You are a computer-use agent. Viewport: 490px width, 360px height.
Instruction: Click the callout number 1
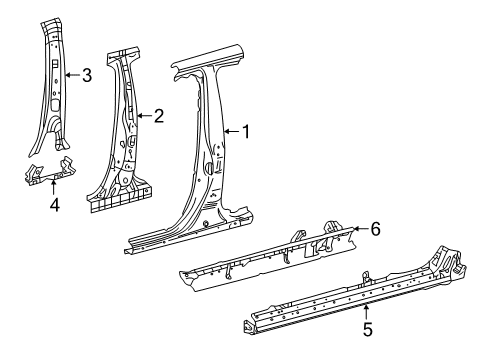pos(246,130)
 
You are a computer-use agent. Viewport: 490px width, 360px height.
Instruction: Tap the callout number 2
pos(158,116)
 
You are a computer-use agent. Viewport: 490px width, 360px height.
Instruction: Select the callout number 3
pos(87,73)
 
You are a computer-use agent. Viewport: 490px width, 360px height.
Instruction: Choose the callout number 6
pos(375,229)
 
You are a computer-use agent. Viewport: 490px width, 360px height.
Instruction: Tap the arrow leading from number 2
pos(143,116)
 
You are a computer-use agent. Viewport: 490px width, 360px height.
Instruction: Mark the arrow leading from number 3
pos(71,73)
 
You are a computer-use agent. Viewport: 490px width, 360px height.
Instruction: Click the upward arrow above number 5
pos(366,305)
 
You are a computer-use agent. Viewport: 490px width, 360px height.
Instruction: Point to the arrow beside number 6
pos(358,229)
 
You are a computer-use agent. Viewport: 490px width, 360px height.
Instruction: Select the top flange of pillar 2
pos(126,51)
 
